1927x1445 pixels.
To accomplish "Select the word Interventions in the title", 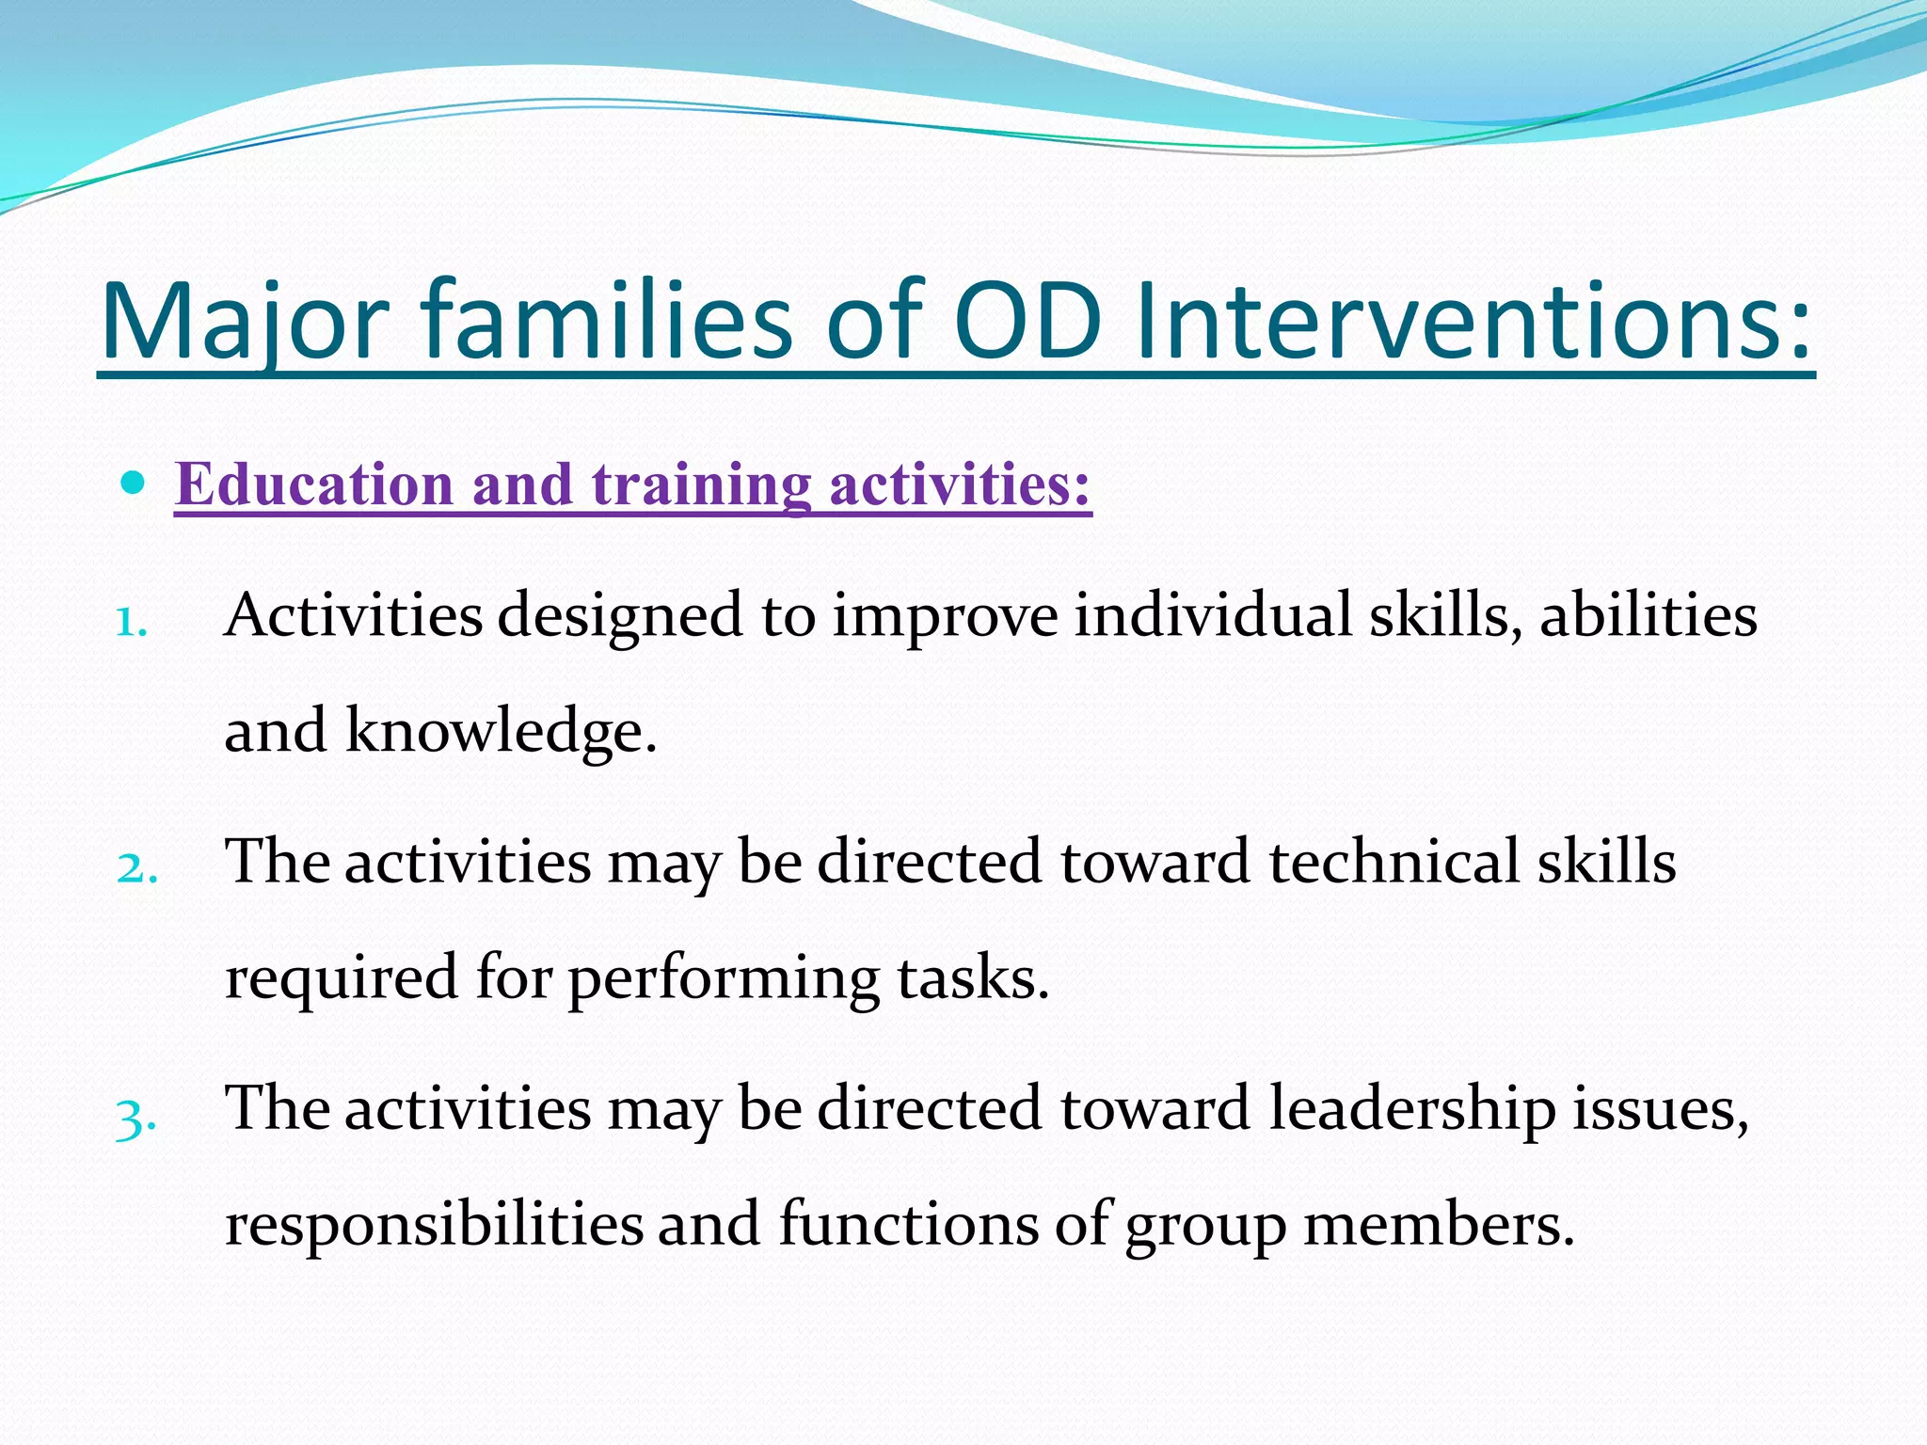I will coord(1472,322).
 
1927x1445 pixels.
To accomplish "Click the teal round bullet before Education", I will coord(135,484).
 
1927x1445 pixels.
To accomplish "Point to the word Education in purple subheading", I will coord(314,485).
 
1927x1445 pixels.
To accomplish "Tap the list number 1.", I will coord(132,622).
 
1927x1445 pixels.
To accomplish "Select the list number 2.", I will coord(136,868).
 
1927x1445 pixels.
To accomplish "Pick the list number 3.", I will coord(135,1118).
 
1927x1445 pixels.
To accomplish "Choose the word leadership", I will coord(1412,1110).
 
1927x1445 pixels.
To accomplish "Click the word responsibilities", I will coord(434,1226).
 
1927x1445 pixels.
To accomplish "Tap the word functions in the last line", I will coord(907,1224).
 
